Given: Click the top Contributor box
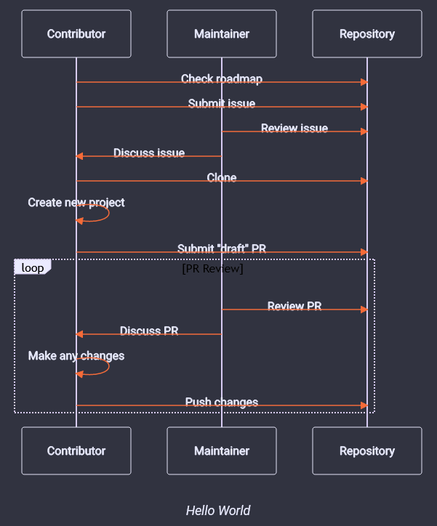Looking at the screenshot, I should pos(76,34).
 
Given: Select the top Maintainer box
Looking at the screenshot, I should pos(222,34).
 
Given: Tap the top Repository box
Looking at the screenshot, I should pos(367,34).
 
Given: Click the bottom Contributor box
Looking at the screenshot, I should pos(76,450).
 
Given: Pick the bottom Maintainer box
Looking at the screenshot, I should pos(222,450).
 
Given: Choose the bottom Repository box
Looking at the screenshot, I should pos(367,450).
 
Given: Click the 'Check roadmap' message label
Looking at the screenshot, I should pos(222,78).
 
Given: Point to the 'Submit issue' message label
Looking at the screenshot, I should pos(222,103).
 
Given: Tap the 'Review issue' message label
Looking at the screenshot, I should pos(294,128).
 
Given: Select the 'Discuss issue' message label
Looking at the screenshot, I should pos(149,153).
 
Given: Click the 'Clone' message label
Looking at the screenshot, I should pos(222,177).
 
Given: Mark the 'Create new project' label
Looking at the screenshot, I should pos(76,202).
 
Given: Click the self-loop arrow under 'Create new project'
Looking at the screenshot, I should pos(102,213).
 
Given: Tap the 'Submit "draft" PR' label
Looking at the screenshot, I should pos(222,248).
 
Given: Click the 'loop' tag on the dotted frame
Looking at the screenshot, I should pos(32,267).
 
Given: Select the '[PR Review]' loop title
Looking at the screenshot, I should pos(212,269).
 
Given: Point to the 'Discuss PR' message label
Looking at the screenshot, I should pos(149,331).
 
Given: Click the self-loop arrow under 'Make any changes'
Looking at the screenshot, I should pos(102,367).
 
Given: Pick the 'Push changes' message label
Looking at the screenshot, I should pos(222,402).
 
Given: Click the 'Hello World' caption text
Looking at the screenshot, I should pos(218,510).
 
